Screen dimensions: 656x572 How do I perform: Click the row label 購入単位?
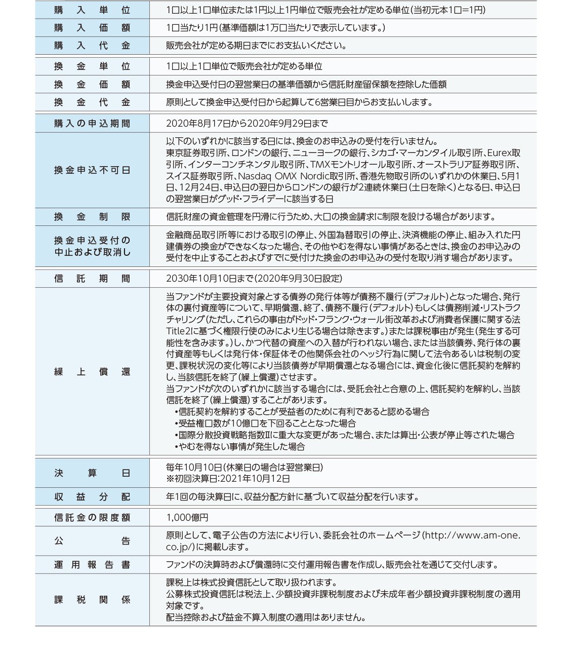coord(92,10)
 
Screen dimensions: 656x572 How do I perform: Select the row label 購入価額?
coord(92,28)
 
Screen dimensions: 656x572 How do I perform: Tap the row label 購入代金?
coord(92,46)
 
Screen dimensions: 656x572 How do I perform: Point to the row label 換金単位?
coord(92,66)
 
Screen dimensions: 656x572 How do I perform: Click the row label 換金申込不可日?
coord(92,170)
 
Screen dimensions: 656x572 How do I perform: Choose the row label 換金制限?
coord(92,217)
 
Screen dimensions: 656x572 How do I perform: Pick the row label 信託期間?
coord(92,279)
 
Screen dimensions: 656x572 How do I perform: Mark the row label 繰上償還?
coord(92,372)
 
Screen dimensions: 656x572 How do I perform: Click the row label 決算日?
coord(92,473)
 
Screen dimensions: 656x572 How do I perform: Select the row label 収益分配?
coord(92,496)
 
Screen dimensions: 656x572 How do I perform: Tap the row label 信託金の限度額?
coord(92,517)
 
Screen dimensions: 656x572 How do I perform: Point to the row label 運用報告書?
coord(92,565)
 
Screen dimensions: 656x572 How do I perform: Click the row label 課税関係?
coord(92,600)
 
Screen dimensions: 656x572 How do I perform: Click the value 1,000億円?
coord(187,517)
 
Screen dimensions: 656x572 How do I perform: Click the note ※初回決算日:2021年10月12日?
coord(228,479)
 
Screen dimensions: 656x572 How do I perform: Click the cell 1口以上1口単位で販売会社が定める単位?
coord(244,66)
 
